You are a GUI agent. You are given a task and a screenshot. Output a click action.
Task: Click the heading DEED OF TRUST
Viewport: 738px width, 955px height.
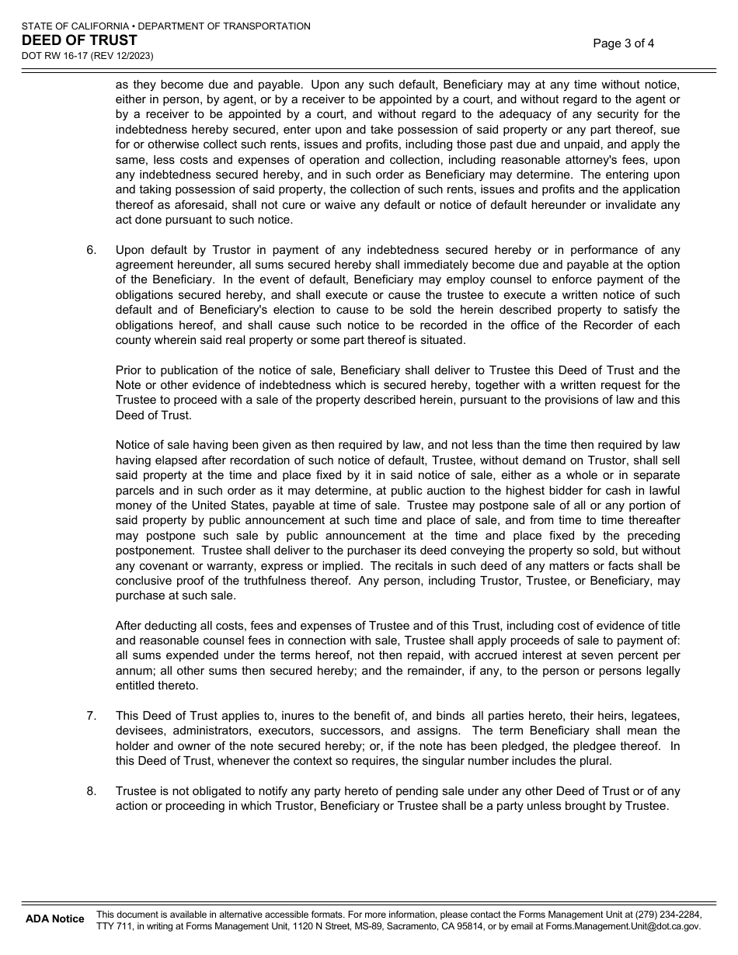[x=79, y=40]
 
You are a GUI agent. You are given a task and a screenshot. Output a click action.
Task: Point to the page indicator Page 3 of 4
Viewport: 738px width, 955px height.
[x=623, y=43]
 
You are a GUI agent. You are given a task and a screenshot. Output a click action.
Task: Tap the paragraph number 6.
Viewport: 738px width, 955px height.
[x=91, y=250]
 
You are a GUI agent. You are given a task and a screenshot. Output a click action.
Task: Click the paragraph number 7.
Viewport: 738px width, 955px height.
[x=91, y=716]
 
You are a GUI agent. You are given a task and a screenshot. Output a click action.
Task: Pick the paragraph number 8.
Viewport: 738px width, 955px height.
[x=91, y=791]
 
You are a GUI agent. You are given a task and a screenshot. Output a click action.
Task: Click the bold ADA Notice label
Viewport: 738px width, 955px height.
[x=54, y=919]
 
